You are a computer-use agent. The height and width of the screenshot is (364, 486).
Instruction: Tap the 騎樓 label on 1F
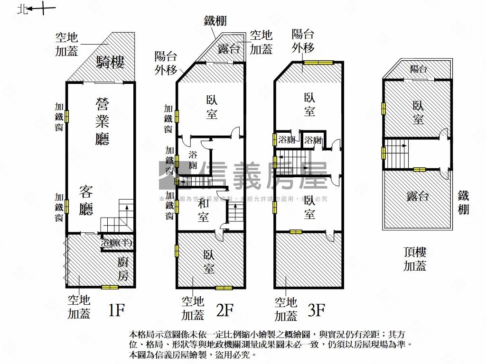110,62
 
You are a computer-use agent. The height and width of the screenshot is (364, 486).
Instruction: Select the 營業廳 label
103,121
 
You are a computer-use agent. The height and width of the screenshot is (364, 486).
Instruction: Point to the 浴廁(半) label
117,243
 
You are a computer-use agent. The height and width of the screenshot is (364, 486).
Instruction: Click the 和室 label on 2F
203,210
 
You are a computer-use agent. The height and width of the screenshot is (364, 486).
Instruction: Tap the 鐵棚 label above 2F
215,20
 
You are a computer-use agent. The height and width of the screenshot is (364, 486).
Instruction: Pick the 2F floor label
224,310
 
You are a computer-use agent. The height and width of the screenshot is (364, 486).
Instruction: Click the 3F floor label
316,310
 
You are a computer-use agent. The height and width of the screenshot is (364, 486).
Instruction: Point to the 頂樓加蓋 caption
415,259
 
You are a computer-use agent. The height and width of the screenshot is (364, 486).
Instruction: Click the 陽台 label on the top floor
419,69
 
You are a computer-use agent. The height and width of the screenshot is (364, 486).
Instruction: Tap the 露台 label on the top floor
418,195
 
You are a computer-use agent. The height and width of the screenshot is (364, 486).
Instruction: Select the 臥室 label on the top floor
418,112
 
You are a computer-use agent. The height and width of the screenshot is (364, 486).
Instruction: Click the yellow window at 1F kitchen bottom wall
110,287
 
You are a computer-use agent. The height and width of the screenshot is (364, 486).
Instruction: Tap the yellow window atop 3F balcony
318,62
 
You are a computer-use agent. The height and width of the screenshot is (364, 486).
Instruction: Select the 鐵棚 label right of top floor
464,202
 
